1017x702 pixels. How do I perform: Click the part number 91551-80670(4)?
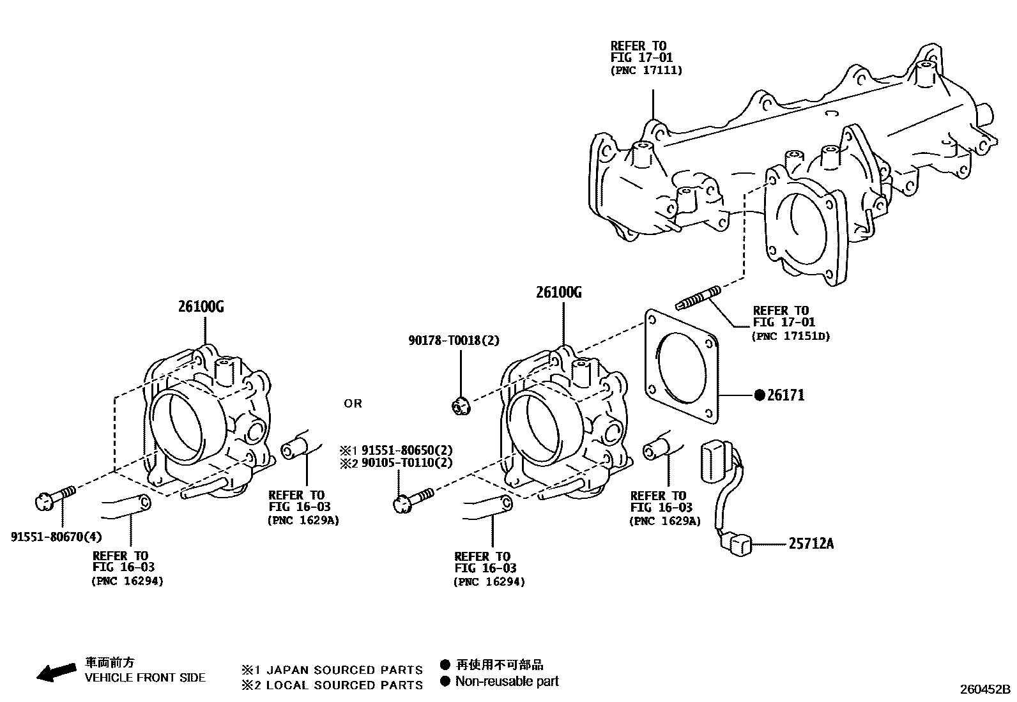[56, 537]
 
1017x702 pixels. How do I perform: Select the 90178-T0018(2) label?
[454, 340]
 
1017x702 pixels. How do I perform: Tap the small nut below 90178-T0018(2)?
[460, 405]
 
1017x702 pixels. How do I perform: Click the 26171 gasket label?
[786, 395]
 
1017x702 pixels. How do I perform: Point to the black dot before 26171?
[760, 395]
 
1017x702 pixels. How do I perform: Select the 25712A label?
[811, 544]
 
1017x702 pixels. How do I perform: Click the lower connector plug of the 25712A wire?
[736, 545]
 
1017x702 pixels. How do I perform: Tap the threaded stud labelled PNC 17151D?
[698, 298]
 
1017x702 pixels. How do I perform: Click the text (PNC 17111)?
[646, 70]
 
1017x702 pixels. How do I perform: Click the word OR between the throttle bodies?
[353, 404]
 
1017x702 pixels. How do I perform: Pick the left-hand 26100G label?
[201, 307]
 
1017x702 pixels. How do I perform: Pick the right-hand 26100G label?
[559, 293]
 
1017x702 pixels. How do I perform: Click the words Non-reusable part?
[507, 682]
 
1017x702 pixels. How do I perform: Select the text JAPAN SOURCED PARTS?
[344, 670]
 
